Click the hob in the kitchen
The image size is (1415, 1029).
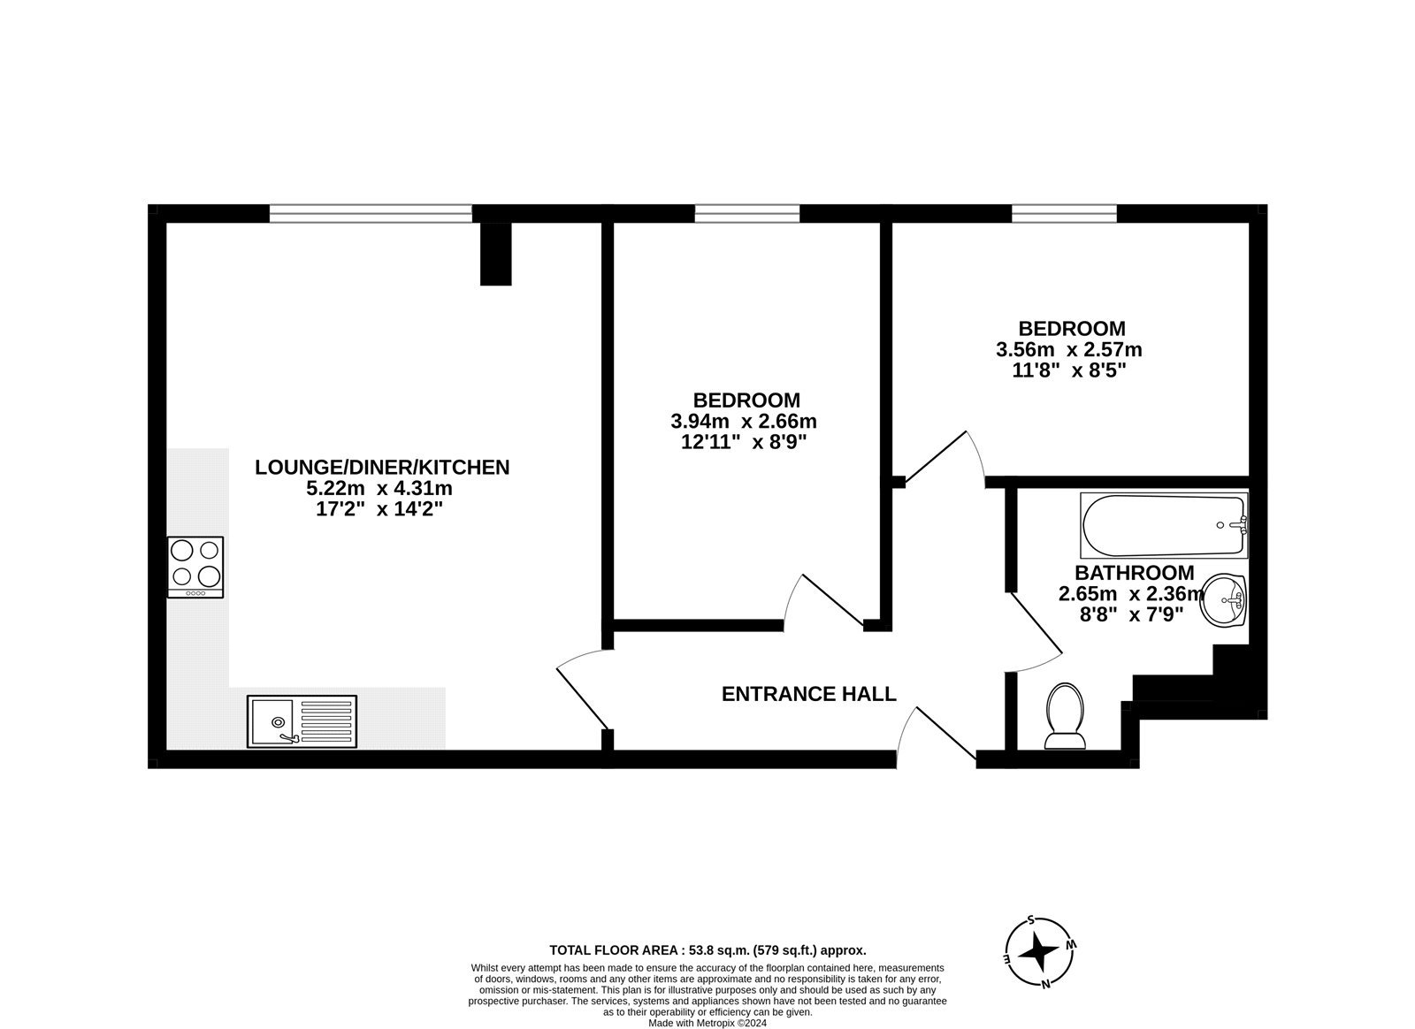[195, 567]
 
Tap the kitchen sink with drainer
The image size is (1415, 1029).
[302, 720]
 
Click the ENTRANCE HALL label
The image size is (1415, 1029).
[808, 694]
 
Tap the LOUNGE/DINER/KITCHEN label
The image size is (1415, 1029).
[382, 467]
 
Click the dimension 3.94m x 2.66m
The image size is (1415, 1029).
[744, 421]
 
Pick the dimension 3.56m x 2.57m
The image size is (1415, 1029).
[1068, 349]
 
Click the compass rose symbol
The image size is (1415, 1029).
[1038, 952]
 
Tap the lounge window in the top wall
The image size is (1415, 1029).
[371, 213]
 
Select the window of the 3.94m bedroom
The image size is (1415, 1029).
[747, 213]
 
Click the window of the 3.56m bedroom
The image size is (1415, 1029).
[1064, 213]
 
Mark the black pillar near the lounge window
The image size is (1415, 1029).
[495, 253]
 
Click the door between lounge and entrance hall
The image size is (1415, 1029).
[582, 690]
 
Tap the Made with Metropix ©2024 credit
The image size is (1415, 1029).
[707, 1023]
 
